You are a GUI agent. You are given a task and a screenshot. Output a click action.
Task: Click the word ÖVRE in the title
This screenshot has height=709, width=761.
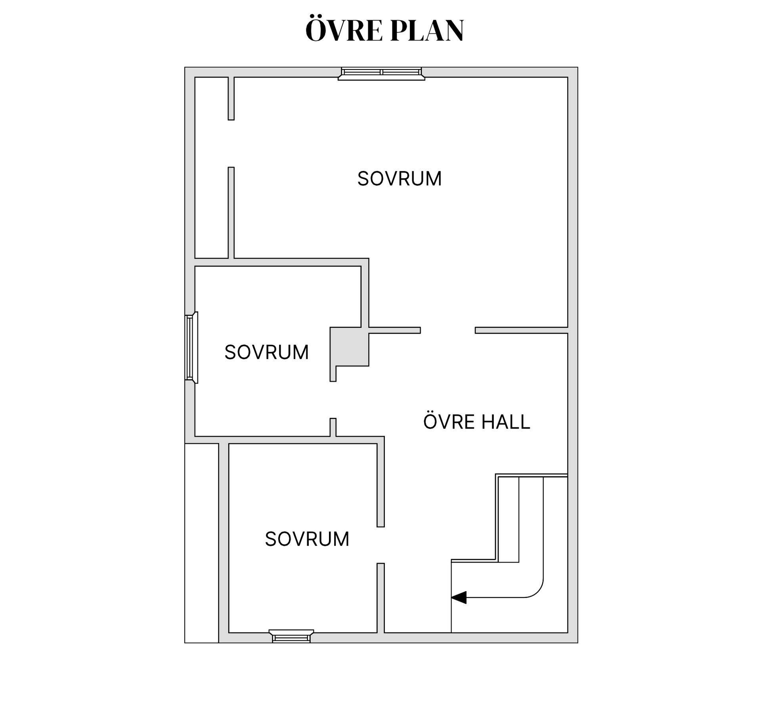343,30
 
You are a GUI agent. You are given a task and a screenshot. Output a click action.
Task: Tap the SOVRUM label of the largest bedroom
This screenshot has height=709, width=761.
400,179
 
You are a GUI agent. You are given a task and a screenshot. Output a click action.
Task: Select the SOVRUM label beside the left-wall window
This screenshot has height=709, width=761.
266,352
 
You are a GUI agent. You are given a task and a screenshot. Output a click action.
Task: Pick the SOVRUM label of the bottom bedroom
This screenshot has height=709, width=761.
307,539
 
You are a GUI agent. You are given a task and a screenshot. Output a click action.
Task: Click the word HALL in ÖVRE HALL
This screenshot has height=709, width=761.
506,422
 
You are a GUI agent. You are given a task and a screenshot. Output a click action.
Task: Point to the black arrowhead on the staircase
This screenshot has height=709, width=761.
459,597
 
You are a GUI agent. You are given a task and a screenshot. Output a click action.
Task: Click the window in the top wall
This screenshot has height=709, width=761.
381,73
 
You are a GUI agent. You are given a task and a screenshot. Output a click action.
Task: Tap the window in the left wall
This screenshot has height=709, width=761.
191,348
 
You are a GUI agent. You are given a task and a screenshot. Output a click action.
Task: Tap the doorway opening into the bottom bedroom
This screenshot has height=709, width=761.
380,545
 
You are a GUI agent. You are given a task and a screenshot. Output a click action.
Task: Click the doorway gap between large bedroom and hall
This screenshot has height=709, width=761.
448,330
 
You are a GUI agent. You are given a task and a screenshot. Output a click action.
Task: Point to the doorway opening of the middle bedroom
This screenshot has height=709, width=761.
333,400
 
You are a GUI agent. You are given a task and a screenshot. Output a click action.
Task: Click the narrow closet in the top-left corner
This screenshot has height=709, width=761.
211,167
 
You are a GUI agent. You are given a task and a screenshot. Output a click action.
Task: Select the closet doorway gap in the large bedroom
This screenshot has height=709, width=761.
231,144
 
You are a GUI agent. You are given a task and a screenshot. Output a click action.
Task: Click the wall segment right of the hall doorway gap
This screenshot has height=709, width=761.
522,330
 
